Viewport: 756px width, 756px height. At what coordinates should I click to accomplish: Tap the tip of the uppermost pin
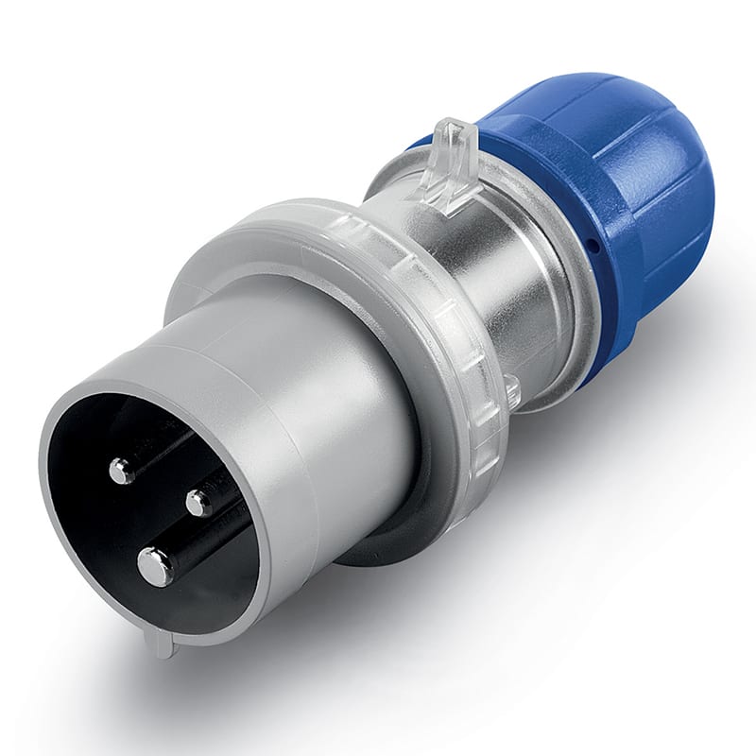tap(121, 470)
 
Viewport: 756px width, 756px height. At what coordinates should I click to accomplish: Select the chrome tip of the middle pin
tap(198, 503)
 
